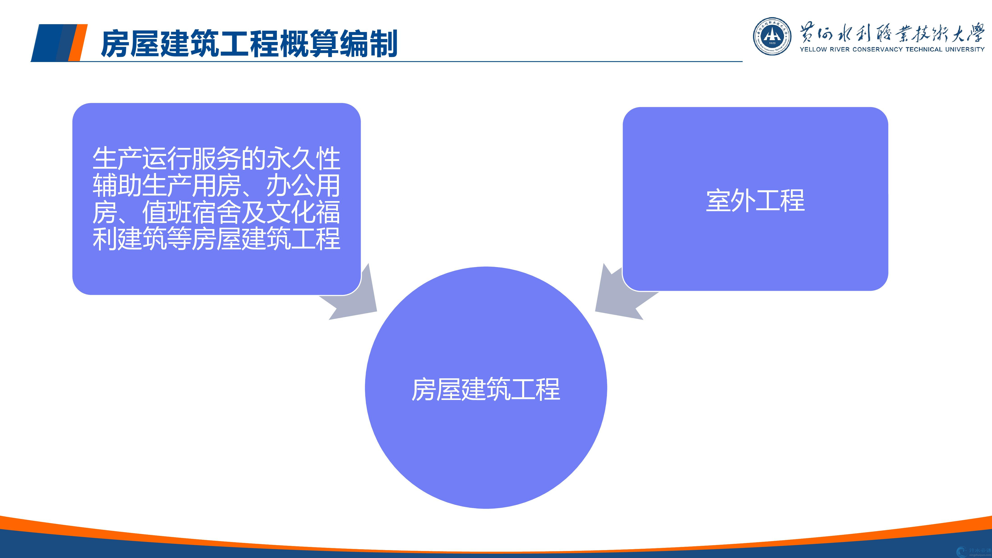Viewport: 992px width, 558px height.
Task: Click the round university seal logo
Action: [x=772, y=36]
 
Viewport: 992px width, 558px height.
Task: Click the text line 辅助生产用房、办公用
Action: [x=216, y=186]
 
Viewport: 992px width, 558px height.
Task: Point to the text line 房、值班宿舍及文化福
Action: [x=216, y=212]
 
